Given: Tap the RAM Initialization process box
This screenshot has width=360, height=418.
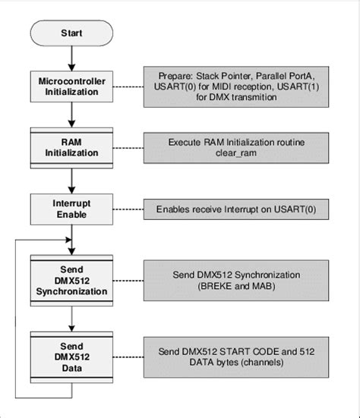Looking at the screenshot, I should tap(71, 146).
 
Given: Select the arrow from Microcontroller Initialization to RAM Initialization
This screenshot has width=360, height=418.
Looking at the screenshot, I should tap(71, 115).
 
